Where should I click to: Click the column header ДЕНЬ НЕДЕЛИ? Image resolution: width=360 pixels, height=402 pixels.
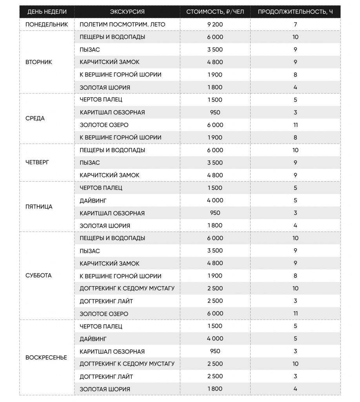tap(47, 12)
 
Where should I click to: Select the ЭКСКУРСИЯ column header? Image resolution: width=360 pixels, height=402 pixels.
tap(127, 12)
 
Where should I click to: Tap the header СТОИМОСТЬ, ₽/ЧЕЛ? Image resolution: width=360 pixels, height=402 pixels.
tap(215, 12)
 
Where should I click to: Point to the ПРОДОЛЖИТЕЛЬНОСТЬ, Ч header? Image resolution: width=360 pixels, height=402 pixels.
tap(295, 12)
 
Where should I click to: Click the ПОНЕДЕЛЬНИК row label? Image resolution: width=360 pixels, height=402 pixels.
tap(46, 24)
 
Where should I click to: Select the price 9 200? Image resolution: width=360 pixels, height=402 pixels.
tap(215, 24)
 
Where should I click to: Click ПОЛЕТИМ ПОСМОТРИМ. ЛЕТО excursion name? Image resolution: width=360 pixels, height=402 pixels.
tap(122, 24)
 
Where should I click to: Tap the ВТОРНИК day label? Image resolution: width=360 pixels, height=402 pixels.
tap(38, 62)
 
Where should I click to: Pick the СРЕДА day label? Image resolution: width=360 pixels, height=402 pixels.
tap(35, 119)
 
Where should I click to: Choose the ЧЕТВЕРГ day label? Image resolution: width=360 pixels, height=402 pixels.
tap(37, 163)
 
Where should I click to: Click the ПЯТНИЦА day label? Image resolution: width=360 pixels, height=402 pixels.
tap(38, 206)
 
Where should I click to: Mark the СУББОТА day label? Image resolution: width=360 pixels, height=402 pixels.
tap(38, 276)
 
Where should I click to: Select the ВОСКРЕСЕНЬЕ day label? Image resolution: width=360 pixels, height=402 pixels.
tap(46, 358)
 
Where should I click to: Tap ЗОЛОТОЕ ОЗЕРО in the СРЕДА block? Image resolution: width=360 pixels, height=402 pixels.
tap(104, 125)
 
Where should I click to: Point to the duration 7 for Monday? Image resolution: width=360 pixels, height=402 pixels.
tap(295, 24)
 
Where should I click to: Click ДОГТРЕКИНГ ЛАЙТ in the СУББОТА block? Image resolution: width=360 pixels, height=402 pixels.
tap(106, 301)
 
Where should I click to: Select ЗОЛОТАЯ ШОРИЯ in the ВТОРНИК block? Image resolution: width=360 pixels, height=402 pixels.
tap(105, 87)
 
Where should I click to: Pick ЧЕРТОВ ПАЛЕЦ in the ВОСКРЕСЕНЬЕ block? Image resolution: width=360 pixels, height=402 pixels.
tap(101, 326)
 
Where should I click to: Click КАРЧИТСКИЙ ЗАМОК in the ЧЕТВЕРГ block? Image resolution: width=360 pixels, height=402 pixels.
tap(109, 175)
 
